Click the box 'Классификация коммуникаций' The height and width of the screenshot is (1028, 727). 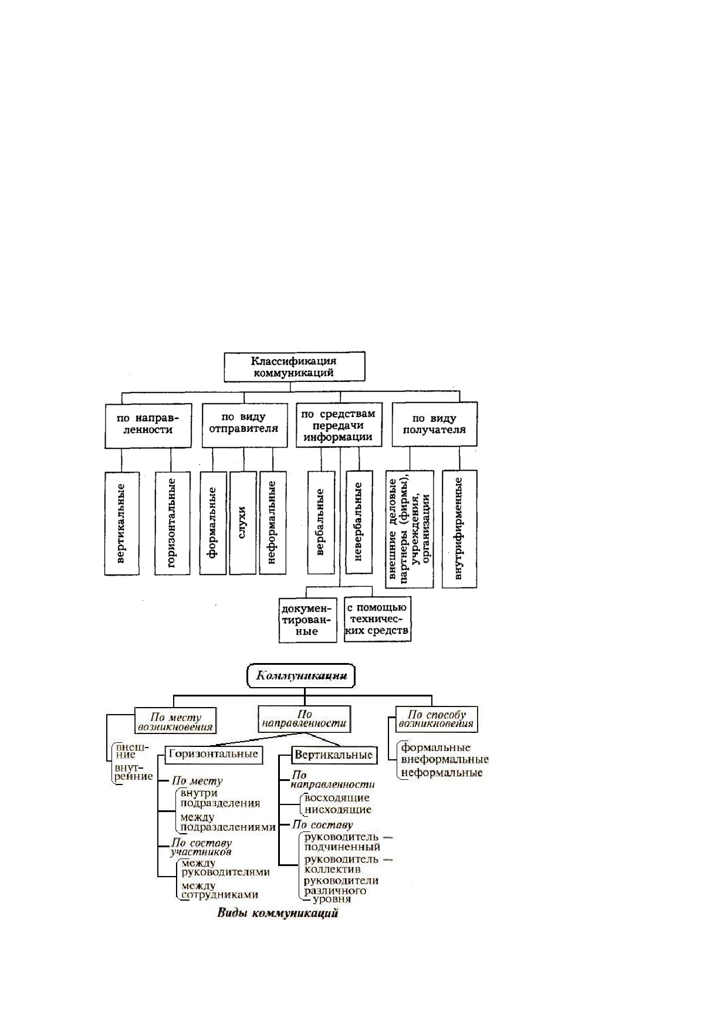click(294, 367)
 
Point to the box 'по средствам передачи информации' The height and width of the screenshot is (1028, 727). click(339, 425)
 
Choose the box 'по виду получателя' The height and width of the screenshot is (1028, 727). click(434, 424)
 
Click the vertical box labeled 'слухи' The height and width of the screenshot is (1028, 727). click(243, 523)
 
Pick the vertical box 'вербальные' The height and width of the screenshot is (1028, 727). click(321, 522)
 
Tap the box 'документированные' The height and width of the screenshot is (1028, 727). click(308, 620)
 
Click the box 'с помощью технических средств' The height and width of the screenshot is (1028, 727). click(377, 619)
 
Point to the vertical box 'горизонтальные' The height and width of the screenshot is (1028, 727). click(173, 523)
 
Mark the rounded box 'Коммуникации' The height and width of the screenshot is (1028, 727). click(301, 676)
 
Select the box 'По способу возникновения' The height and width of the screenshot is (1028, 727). click(436, 719)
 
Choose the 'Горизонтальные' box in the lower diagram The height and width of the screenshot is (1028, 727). click(213, 754)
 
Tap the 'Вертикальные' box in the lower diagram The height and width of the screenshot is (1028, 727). click(334, 755)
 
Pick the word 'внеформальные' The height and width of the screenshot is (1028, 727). click(445, 760)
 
